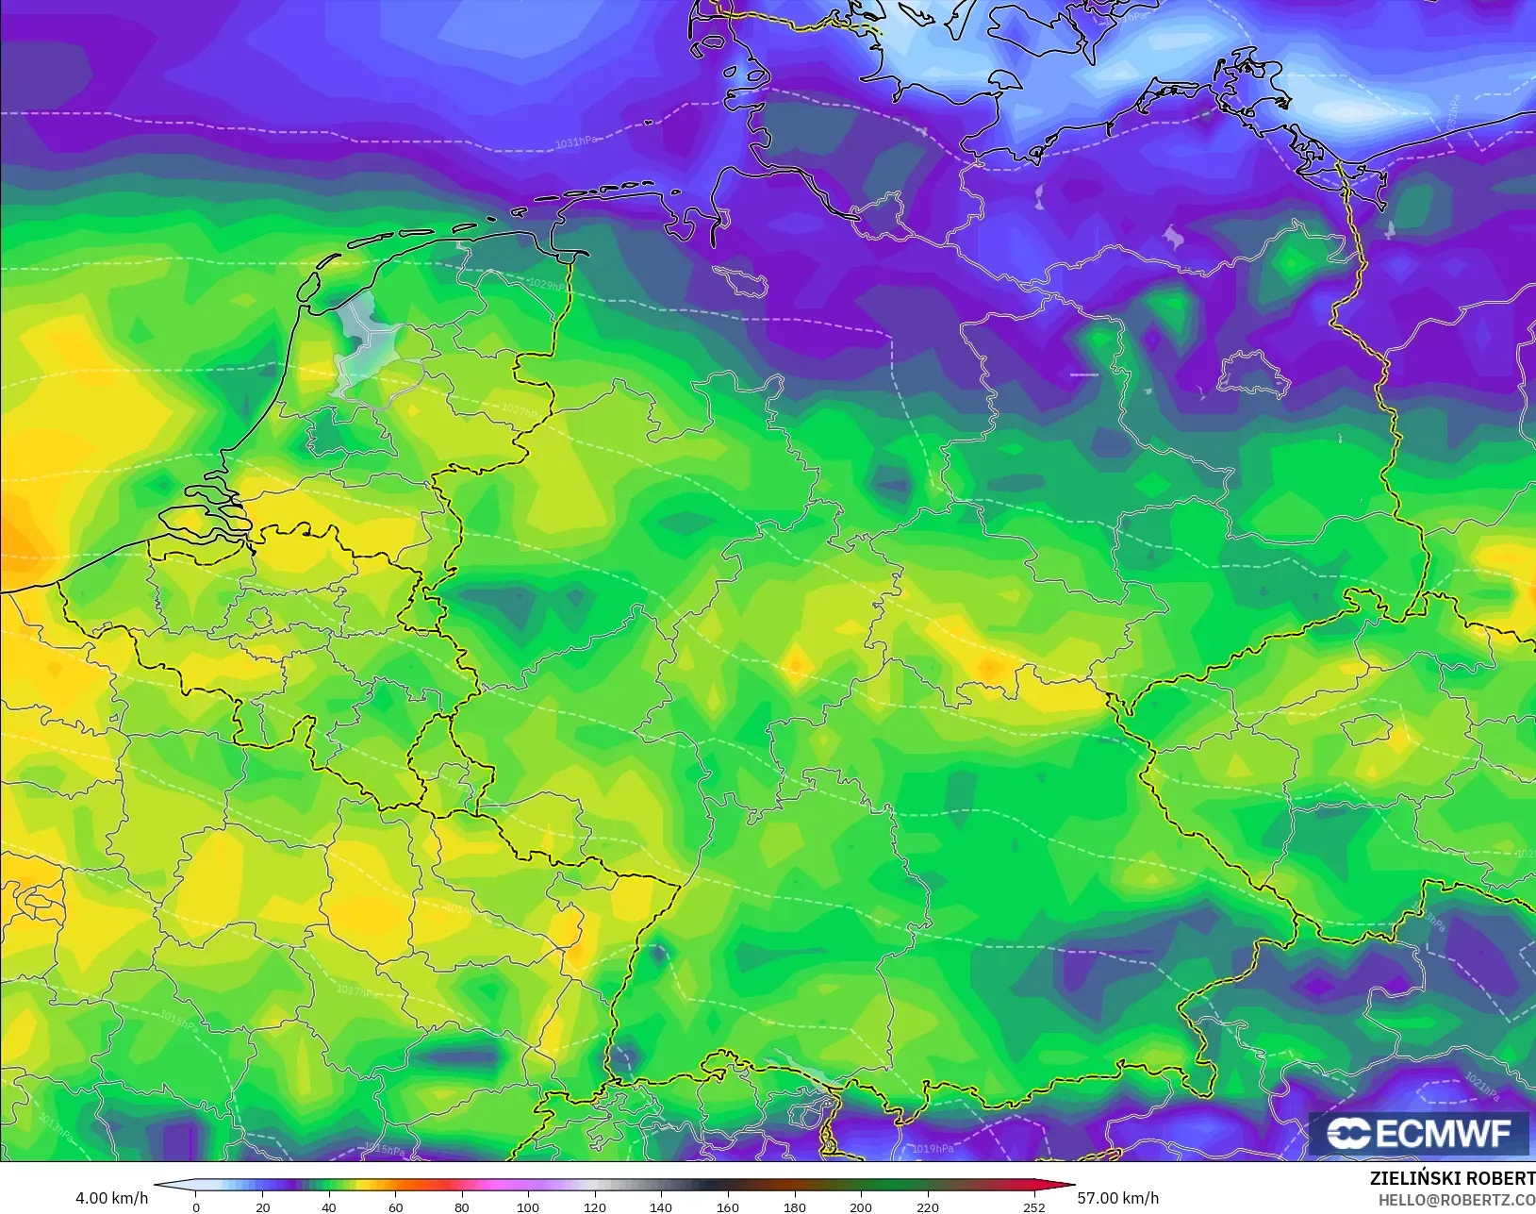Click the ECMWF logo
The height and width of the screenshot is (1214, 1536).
click(1418, 1133)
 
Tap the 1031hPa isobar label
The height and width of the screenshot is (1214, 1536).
click(575, 142)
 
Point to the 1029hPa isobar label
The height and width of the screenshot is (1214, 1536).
click(548, 284)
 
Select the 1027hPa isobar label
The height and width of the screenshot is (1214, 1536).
click(520, 410)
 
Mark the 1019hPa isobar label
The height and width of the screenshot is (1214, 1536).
click(933, 1149)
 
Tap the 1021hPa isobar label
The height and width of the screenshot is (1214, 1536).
click(1481, 1087)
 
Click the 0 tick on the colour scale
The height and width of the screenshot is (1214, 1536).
click(196, 1206)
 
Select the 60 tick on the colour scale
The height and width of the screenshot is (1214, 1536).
click(395, 1206)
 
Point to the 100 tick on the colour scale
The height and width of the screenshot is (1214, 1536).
click(528, 1206)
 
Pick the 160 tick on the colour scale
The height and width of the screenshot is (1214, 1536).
click(727, 1206)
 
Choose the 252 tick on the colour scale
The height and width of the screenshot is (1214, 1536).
click(1033, 1206)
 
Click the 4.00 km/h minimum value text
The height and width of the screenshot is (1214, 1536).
click(111, 1198)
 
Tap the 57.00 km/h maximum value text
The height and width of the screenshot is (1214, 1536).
click(1117, 1198)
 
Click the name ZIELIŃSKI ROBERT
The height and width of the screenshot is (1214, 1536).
click(1452, 1178)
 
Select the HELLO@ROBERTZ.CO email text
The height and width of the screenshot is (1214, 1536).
click(1457, 1200)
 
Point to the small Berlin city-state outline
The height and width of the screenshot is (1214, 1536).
click(1252, 374)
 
